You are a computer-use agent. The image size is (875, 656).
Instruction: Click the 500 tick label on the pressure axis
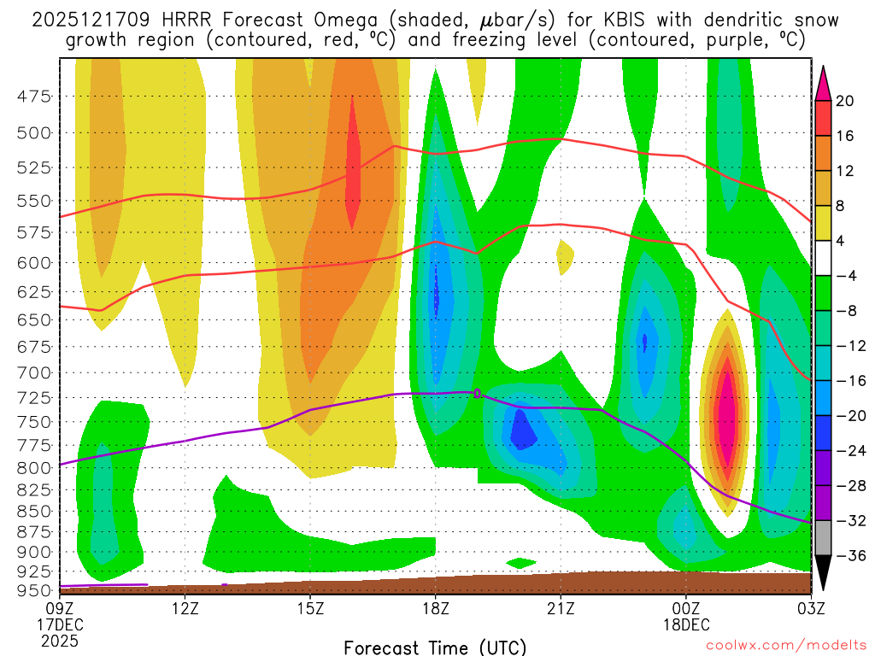coord(34,132)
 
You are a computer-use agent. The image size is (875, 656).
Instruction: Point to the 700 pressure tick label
coord(34,372)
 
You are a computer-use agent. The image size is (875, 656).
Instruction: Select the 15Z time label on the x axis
coord(310,608)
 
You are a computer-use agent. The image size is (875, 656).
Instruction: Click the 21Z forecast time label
coord(561,608)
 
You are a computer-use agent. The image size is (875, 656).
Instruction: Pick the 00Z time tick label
coord(686,608)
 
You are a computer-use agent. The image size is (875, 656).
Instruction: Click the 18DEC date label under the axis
coord(686,624)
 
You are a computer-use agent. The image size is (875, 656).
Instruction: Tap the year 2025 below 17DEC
coord(59,640)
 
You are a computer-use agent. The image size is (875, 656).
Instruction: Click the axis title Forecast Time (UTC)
coord(435,647)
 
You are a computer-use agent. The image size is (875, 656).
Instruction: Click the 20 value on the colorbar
coord(845,101)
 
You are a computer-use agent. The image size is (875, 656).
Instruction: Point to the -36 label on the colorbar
coord(849,556)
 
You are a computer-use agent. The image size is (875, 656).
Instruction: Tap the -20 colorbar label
coord(849,416)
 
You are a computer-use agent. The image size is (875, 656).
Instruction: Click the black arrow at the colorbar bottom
coord(824,573)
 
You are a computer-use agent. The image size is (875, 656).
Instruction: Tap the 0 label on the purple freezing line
coord(478,393)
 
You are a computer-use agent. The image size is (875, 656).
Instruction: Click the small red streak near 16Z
coord(353,167)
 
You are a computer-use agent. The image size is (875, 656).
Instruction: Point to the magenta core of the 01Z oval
coord(726,410)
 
